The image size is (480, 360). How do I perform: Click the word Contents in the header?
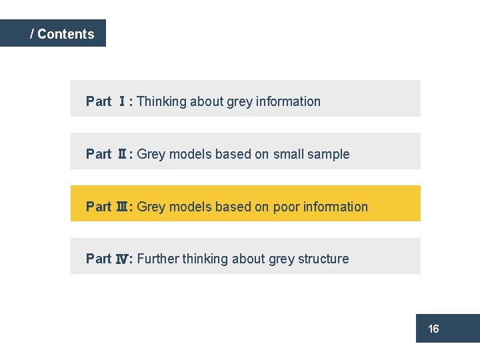[66, 34]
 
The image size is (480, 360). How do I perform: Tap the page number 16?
[433, 329]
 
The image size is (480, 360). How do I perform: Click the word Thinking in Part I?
[161, 101]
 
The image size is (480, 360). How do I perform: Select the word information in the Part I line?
[287, 101]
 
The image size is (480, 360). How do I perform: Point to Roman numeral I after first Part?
[122, 101]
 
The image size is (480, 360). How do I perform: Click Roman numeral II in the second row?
[123, 154]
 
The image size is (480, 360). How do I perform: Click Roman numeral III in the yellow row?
[123, 207]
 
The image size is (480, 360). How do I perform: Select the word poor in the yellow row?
[286, 207]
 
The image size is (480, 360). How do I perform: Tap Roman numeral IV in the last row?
[123, 259]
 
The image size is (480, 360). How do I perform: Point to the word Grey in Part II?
[151, 154]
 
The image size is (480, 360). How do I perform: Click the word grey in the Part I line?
[239, 101]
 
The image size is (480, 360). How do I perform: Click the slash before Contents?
[32, 34]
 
